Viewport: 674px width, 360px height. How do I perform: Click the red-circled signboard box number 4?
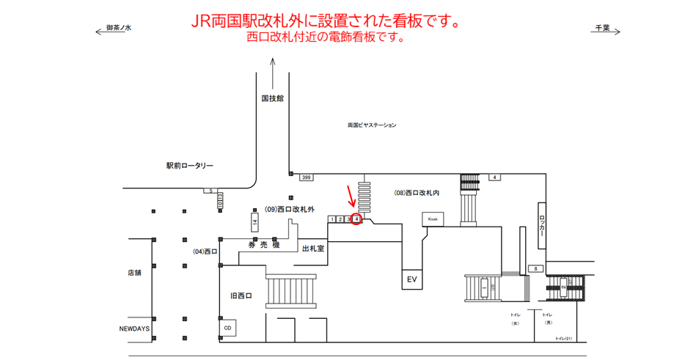(x=356, y=219)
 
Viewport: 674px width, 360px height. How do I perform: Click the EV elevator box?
(x=412, y=279)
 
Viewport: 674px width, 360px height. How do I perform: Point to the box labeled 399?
(x=306, y=177)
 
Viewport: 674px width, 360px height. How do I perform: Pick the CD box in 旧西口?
(x=228, y=327)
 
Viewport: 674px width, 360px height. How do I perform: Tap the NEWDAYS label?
(x=134, y=328)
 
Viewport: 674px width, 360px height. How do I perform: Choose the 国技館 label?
(x=272, y=97)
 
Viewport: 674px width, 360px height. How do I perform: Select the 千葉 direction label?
(x=602, y=28)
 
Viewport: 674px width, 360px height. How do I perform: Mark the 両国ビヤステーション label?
(x=372, y=125)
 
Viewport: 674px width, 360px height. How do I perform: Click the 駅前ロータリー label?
(x=189, y=166)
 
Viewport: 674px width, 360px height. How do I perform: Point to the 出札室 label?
(x=313, y=249)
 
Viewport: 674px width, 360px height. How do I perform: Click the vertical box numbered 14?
(x=254, y=223)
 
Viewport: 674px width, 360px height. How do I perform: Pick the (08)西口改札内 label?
(x=417, y=193)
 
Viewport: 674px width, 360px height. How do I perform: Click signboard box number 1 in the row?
(x=333, y=219)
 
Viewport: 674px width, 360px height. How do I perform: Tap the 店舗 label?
(x=133, y=273)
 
